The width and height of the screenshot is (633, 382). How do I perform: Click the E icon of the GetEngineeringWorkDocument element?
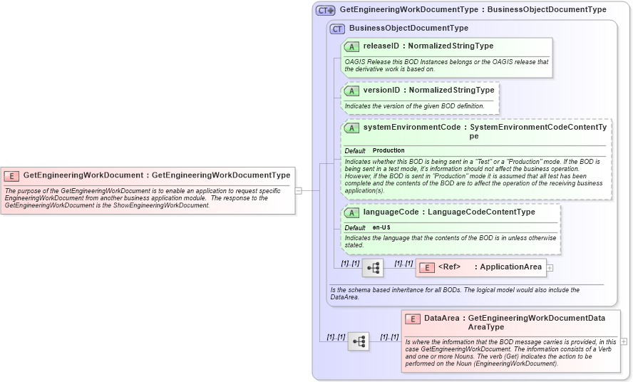click(x=12, y=175)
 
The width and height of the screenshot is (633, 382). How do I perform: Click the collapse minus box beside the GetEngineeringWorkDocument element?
click(x=298, y=190)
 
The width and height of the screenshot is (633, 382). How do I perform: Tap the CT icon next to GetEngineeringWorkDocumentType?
click(x=326, y=10)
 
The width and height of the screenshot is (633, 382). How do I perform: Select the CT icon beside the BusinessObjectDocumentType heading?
click(x=337, y=29)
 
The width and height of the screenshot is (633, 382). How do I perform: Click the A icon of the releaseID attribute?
click(x=351, y=46)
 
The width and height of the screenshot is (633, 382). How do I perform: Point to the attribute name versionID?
click(x=381, y=91)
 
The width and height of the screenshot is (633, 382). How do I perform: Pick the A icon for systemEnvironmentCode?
click(x=351, y=128)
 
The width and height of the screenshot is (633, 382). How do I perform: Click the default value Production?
click(x=388, y=151)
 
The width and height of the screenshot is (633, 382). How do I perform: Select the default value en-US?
click(x=381, y=227)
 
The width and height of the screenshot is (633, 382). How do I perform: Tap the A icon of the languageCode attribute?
click(x=351, y=212)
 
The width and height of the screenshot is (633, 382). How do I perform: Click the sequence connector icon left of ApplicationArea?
click(x=373, y=268)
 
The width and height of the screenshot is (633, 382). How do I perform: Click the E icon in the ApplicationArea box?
click(x=426, y=267)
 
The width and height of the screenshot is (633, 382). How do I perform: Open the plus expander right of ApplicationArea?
click(x=550, y=268)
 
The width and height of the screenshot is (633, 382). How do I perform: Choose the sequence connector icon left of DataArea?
click(x=359, y=342)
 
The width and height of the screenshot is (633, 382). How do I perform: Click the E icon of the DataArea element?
click(x=413, y=319)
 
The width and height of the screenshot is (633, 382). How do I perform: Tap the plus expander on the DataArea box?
click(x=624, y=341)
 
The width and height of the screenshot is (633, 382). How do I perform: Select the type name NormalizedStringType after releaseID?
click(x=451, y=46)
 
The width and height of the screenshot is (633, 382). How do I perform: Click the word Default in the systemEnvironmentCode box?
click(x=355, y=151)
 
